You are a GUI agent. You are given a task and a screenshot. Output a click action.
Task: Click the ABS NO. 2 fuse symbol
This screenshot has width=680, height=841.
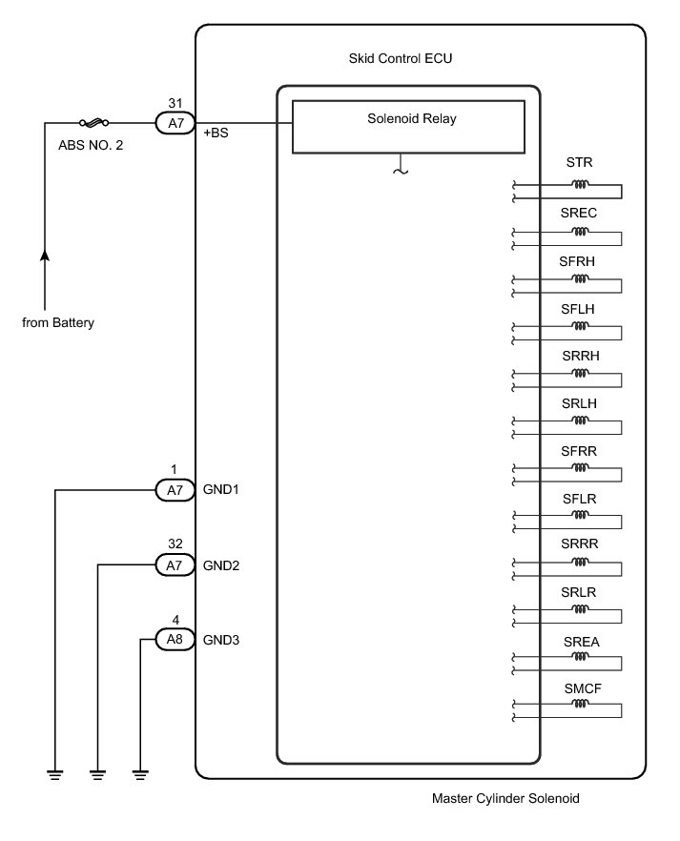94,123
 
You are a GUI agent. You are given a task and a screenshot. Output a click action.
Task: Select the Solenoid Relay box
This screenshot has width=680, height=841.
408,127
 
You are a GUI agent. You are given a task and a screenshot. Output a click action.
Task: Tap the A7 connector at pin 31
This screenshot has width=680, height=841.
175,123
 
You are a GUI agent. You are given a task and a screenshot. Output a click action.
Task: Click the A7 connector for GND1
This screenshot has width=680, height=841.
175,490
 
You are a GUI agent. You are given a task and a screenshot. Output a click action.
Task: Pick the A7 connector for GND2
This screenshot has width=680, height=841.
175,564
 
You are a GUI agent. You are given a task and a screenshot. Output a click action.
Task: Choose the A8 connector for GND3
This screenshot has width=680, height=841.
175,639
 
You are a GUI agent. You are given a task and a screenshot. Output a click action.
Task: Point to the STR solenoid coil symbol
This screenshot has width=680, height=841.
580,185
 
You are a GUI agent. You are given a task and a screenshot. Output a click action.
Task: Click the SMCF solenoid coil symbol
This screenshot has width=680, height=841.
580,704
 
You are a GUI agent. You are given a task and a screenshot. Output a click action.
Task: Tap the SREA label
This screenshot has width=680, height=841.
582,642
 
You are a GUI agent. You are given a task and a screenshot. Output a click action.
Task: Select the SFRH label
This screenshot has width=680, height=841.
577,261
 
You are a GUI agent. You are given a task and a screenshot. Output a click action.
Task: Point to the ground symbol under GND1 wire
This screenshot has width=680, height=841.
54,774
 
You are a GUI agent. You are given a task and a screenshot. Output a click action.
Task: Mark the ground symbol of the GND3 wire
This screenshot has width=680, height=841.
140,774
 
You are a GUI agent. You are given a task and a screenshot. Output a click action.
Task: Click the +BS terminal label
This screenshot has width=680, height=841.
216,133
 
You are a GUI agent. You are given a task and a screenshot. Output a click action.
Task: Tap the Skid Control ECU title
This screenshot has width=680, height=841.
400,58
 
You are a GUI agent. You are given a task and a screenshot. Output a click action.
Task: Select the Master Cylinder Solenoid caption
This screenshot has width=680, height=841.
505,798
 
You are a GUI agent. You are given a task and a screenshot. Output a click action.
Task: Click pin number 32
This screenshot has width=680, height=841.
175,544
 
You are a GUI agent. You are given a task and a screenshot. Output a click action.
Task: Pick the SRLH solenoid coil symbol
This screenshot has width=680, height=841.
580,420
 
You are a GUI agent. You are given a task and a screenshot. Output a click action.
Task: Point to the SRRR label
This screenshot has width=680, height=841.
579,544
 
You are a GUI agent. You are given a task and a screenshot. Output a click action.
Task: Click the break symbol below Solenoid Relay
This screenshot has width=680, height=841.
401,171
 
